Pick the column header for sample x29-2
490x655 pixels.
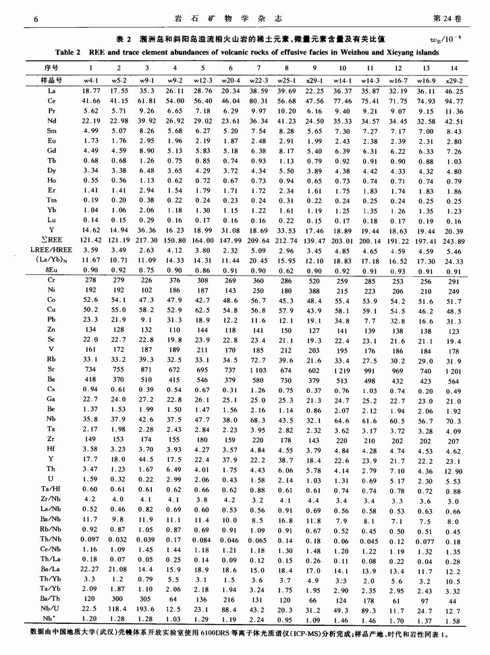click(454, 80)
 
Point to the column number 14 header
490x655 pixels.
click(454, 68)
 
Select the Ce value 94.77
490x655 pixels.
click(454, 99)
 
